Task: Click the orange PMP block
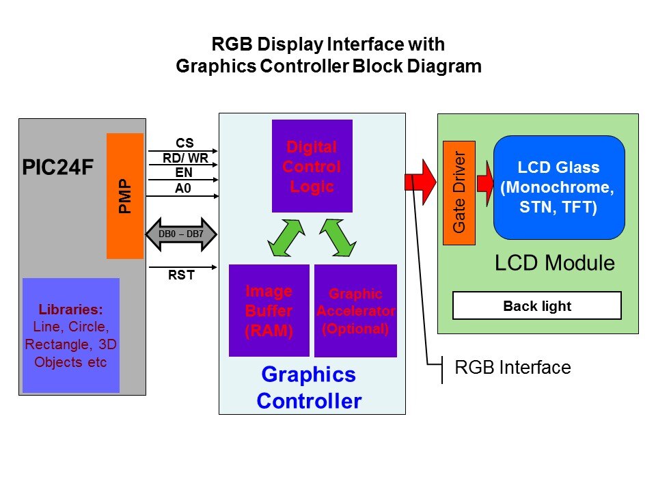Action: pyautogui.click(x=124, y=195)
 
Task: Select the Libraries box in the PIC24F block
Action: pyautogui.click(x=71, y=335)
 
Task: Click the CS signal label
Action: pyautogui.click(x=184, y=143)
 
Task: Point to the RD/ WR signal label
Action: pyautogui.click(x=184, y=159)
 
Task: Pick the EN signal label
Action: pyautogui.click(x=184, y=174)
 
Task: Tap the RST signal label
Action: pyautogui.click(x=182, y=276)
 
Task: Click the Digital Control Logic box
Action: pyautogui.click(x=312, y=166)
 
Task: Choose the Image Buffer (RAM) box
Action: pyautogui.click(x=269, y=310)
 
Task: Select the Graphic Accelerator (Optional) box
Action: pyautogui.click(x=355, y=311)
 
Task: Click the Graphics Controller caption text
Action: pyautogui.click(x=309, y=387)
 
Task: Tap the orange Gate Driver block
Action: pyautogui.click(x=459, y=193)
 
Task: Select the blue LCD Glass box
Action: pyautogui.click(x=559, y=187)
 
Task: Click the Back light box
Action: pyautogui.click(x=537, y=305)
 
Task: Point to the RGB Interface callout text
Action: pyautogui.click(x=512, y=368)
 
